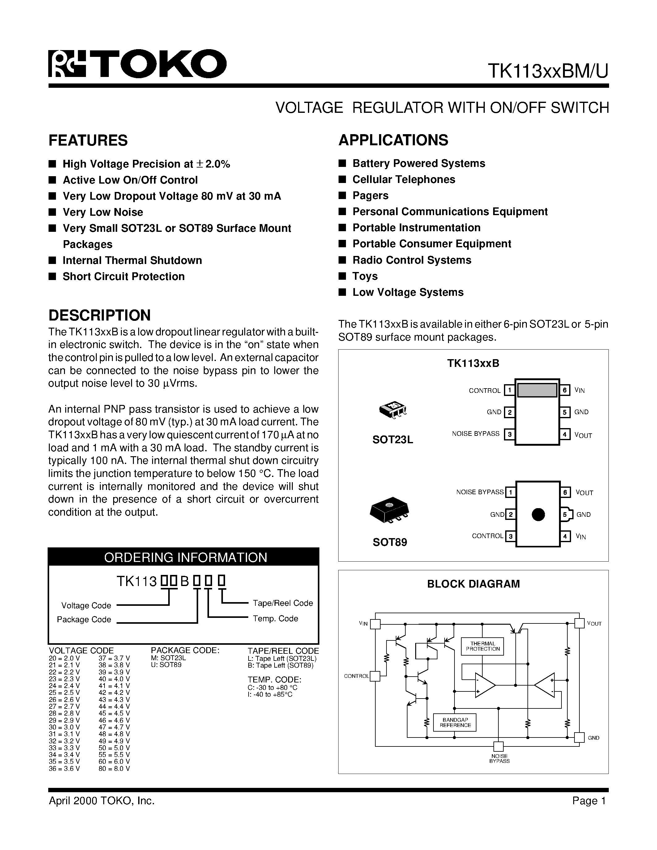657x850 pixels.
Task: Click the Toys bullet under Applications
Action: [365, 276]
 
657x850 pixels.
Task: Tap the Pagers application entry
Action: [370, 195]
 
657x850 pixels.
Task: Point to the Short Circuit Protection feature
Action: [123, 276]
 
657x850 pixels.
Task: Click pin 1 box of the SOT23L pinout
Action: [509, 390]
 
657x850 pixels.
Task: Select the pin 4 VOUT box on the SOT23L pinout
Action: [564, 434]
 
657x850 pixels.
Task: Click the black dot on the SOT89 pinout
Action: [538, 515]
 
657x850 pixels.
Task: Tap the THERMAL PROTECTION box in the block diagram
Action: [483, 646]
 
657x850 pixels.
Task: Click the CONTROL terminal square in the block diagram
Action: [374, 676]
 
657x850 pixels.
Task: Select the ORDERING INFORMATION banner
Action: [185, 557]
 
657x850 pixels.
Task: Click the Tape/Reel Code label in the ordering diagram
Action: [283, 603]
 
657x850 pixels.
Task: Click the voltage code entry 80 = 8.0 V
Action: [114, 769]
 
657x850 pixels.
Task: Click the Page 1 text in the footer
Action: [589, 801]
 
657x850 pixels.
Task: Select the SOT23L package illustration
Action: [393, 410]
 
